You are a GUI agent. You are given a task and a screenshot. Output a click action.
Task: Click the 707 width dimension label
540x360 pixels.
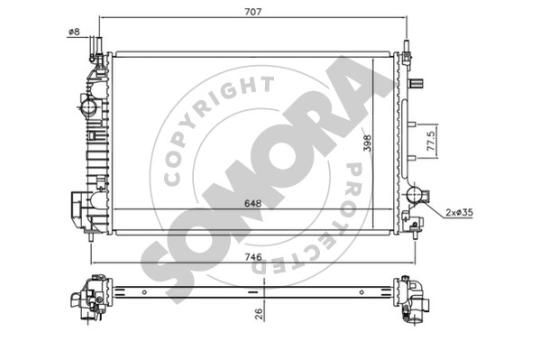pos(253,12)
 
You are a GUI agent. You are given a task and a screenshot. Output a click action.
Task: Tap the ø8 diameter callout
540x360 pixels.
pos(74,32)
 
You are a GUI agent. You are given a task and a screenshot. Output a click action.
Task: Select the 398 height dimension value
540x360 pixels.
pos(368,143)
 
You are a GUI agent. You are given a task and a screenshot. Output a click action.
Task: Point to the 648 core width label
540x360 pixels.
pos(252,203)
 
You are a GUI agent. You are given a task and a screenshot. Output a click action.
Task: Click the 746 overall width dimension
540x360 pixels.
pos(253,257)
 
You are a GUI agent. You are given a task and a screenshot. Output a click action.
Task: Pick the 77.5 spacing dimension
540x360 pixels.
pos(431,141)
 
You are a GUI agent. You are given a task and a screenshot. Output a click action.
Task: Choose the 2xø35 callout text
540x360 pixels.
pos(459,212)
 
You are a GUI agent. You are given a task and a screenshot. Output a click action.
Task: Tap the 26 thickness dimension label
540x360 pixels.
pos(259,313)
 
